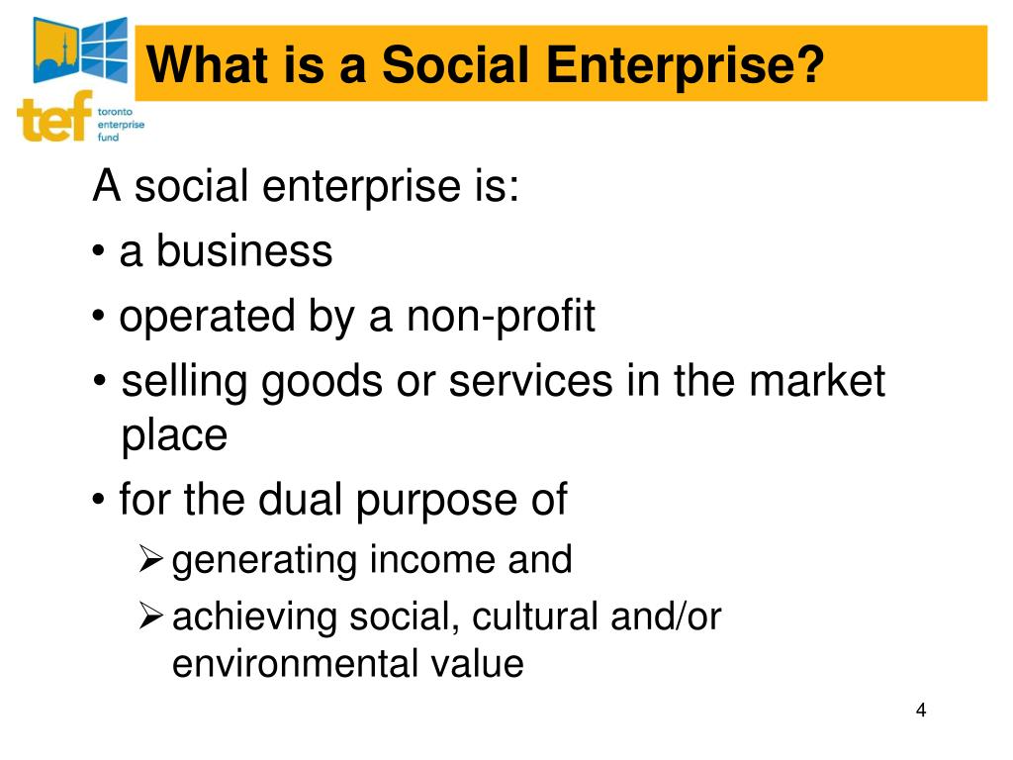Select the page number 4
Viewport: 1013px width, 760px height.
[921, 711]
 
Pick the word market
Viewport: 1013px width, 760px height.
[813, 383]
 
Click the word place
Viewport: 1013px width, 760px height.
[174, 435]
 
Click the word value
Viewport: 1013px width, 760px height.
[478, 663]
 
